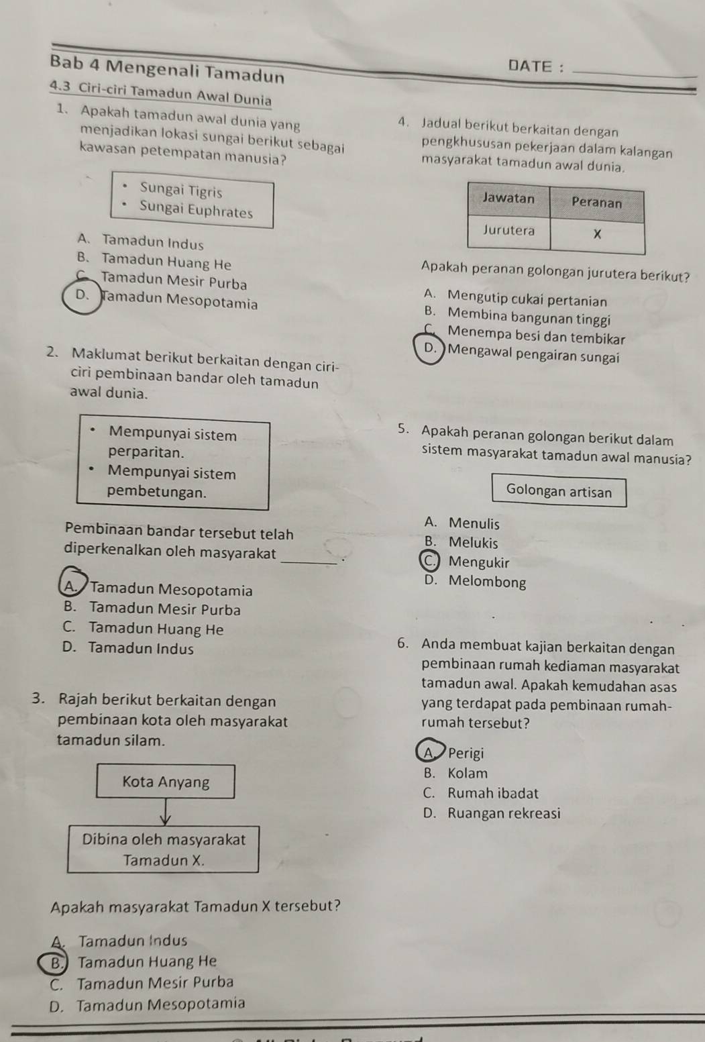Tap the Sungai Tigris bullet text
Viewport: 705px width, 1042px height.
[x=181, y=191]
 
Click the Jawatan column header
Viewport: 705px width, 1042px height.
[x=508, y=199]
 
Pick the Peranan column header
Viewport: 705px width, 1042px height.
[x=596, y=203]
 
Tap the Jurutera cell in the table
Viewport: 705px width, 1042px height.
[x=508, y=230]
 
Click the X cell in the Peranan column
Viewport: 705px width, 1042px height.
[x=598, y=235]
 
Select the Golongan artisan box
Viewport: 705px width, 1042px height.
[x=559, y=490]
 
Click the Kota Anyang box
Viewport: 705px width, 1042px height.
[x=166, y=782]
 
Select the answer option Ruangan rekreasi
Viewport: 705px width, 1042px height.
[x=504, y=813]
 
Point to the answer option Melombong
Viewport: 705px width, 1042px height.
[x=488, y=582]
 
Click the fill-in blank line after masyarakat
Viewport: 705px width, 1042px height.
[x=309, y=564]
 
